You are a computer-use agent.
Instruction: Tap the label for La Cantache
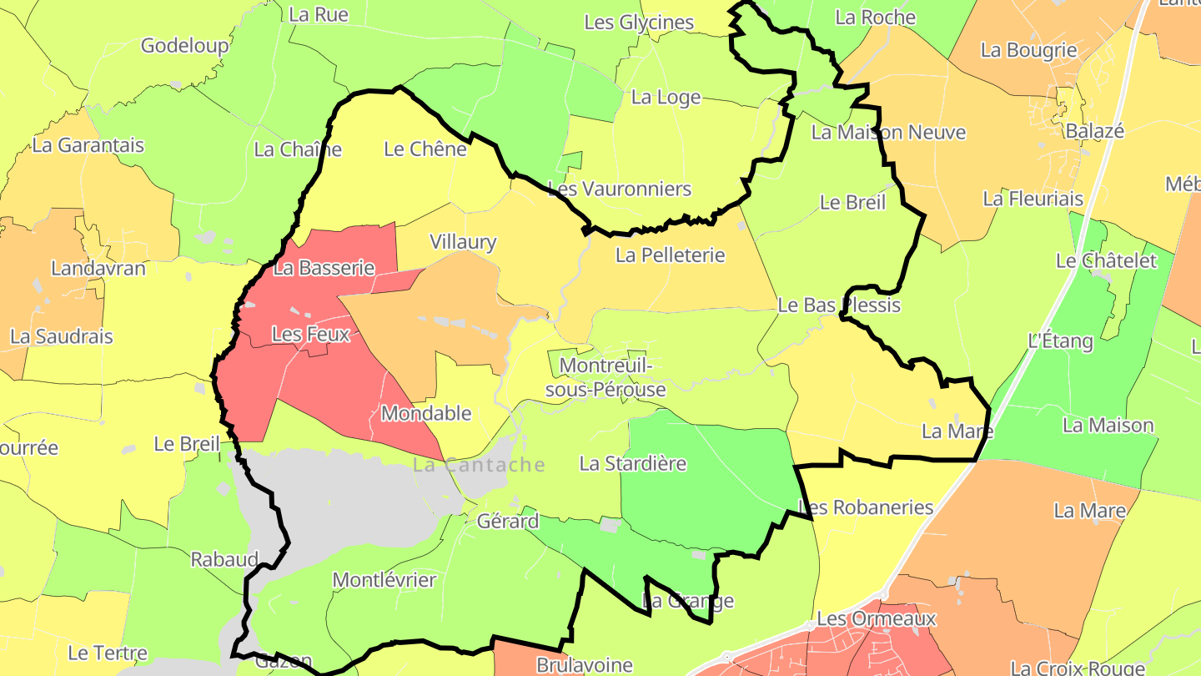479,465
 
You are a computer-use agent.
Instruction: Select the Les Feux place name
310,335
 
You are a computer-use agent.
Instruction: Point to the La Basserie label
324,268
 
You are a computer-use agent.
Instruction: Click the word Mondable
425,413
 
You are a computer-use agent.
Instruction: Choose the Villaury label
462,242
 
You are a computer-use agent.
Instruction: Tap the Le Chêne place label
425,149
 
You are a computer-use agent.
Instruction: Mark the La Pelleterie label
670,255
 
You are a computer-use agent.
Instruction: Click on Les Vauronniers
619,189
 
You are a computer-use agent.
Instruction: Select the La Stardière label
632,463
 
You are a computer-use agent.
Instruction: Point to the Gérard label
507,522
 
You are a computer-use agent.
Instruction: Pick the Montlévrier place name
384,579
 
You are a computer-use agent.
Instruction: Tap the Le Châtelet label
1106,260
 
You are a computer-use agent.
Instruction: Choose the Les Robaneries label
865,507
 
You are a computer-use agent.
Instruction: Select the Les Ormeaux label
876,618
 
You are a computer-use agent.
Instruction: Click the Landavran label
98,268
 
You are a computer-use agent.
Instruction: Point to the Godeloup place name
184,45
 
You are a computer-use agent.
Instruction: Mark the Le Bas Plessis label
838,305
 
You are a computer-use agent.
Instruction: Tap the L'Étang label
1060,341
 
